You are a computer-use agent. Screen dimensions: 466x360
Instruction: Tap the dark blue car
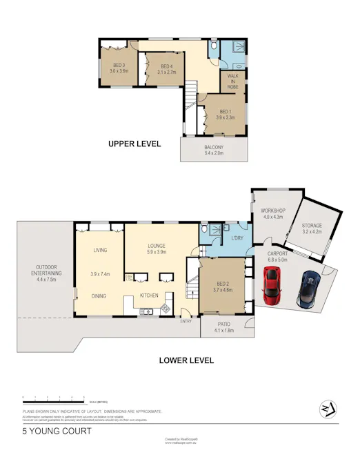click(308, 289)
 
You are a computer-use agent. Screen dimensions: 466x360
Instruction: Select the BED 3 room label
click(119, 67)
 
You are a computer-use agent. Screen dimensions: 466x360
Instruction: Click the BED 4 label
click(166, 68)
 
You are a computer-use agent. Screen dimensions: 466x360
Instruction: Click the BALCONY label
click(214, 149)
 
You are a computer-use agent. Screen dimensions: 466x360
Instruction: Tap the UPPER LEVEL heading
click(134, 144)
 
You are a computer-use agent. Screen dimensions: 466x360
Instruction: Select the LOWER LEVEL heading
click(186, 360)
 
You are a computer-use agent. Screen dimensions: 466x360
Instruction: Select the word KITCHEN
click(149, 295)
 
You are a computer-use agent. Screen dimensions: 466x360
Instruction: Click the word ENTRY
click(186, 321)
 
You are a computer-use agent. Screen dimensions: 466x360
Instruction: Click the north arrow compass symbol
click(328, 408)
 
